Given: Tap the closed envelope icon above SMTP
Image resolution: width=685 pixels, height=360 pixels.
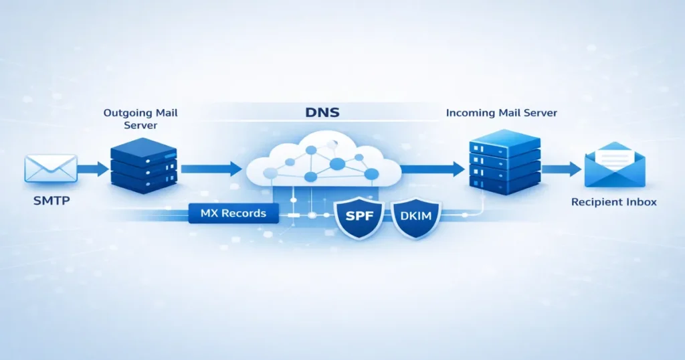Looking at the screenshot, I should pyautogui.click(x=51, y=169).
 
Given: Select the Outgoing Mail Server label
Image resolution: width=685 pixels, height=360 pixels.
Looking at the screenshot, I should pyautogui.click(x=140, y=119).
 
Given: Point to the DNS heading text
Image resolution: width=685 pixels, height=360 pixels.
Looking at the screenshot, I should pyautogui.click(x=322, y=112).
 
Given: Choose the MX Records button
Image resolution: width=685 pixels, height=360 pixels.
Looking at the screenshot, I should pyautogui.click(x=233, y=214).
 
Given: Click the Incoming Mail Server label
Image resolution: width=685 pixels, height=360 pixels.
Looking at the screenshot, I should pyautogui.click(x=501, y=113).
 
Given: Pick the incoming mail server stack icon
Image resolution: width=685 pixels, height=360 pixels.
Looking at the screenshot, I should pyautogui.click(x=504, y=162).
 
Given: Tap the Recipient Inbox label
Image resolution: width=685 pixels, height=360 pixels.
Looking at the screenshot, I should pyautogui.click(x=614, y=202).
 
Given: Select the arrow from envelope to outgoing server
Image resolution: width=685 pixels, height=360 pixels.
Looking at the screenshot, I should pyautogui.click(x=93, y=169).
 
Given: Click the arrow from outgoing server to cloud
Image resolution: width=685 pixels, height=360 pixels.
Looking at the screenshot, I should pyautogui.click(x=211, y=169).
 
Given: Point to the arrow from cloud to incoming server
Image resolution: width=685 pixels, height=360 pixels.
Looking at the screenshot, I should pyautogui.click(x=432, y=169).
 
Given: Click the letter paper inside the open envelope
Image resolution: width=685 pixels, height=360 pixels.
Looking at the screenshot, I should pyautogui.click(x=614, y=158).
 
